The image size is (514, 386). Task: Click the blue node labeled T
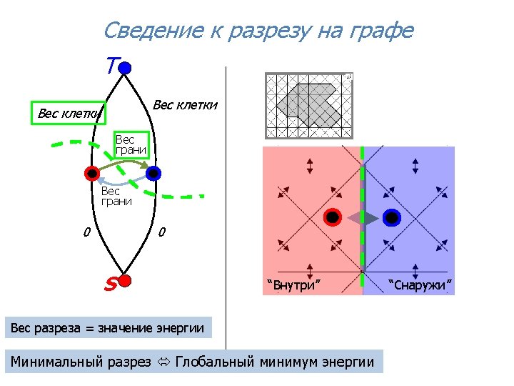[x=124, y=68]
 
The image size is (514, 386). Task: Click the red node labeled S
[x=124, y=280]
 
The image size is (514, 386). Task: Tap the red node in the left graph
[x=91, y=173]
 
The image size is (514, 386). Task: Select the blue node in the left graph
[x=153, y=173]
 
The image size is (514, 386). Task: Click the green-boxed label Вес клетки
[x=69, y=113]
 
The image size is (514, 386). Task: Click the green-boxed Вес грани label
[x=131, y=144]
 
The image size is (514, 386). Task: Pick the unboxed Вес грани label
[x=116, y=196]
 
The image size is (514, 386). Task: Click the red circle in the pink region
[x=333, y=218]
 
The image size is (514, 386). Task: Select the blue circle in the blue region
[x=391, y=218]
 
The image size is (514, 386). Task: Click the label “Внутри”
[x=293, y=287]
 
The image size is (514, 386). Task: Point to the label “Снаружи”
[x=420, y=287]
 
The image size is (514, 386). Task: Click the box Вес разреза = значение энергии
[x=108, y=329]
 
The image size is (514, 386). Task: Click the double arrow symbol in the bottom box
[x=163, y=362]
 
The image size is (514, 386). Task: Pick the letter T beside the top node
[x=110, y=66]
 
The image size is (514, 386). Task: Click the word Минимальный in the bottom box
[x=81, y=362]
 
